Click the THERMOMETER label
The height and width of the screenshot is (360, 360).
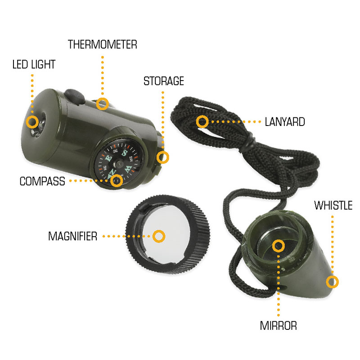pyautogui.click(x=103, y=45)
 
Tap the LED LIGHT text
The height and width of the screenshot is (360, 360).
pyautogui.click(x=34, y=64)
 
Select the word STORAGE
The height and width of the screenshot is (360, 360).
pyautogui.click(x=164, y=81)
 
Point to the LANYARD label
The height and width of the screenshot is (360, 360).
pyautogui.click(x=285, y=121)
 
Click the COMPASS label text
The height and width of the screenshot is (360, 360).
pyautogui.click(x=42, y=181)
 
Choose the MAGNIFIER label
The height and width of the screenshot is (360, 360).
pyautogui.click(x=72, y=236)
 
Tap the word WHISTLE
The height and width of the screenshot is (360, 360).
pyautogui.click(x=333, y=205)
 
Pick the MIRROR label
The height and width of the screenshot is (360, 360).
pyautogui.click(x=278, y=325)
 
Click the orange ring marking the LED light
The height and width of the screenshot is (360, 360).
pyautogui.click(x=32, y=121)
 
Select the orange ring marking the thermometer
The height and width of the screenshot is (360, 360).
pyautogui.click(x=103, y=104)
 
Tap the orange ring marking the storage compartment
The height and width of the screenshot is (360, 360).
pyautogui.click(x=163, y=157)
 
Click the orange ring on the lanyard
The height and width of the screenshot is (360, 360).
pyautogui.click(x=202, y=121)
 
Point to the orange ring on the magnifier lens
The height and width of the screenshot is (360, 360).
pyautogui.click(x=159, y=236)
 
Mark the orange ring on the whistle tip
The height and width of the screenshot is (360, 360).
pyautogui.click(x=332, y=282)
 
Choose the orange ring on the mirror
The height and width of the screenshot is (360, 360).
pyautogui.click(x=279, y=246)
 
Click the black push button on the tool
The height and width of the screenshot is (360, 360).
pyautogui.click(x=74, y=96)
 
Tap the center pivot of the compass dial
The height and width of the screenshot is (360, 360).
pyautogui.click(x=119, y=164)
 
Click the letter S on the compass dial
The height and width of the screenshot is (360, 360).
pyautogui.click(x=125, y=152)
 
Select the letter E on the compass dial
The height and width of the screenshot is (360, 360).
pyautogui.click(x=108, y=158)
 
